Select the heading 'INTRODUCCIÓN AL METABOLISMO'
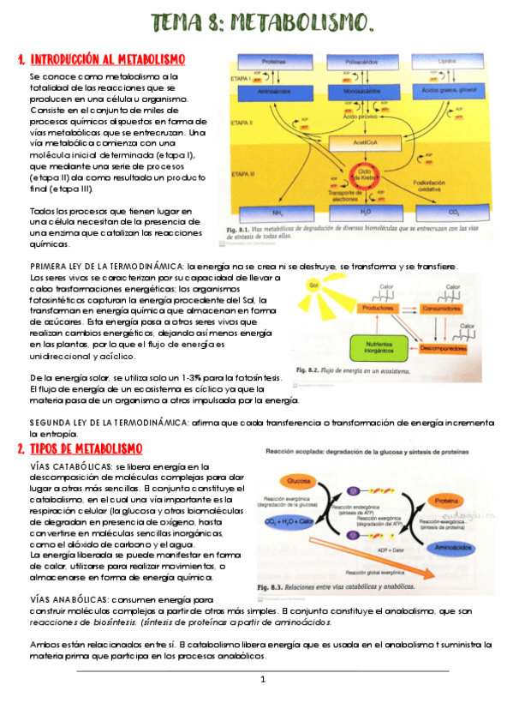pos(107,59)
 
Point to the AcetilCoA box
pos(363,143)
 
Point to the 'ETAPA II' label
pos(242,123)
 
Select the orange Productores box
pos(378,307)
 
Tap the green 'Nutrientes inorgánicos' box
pos(378,345)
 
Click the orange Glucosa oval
pos(299,480)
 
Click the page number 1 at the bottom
pos(264,679)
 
